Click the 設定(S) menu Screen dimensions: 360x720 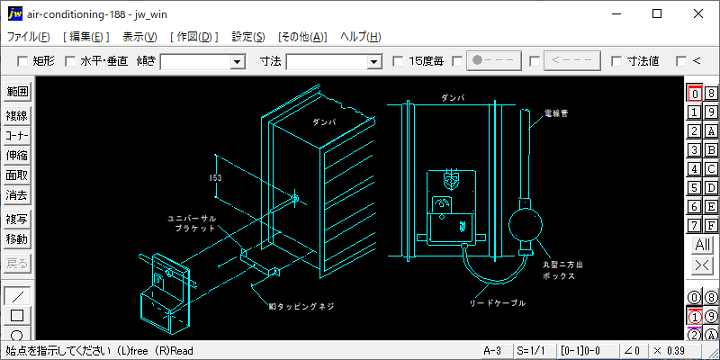click(x=248, y=37)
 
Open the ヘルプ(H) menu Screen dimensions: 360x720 click(x=360, y=37)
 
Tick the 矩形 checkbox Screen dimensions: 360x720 click(x=22, y=61)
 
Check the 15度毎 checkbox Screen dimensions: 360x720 click(x=399, y=61)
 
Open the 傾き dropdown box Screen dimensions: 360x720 click(x=238, y=61)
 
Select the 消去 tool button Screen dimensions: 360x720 click(x=17, y=194)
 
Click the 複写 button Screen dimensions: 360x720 click(x=17, y=220)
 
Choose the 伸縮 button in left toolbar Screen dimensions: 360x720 click(x=17, y=155)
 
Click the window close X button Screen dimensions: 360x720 click(x=698, y=13)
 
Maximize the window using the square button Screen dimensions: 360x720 click(x=657, y=13)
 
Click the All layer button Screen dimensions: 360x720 click(x=702, y=245)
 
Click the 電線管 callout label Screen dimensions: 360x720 click(x=555, y=114)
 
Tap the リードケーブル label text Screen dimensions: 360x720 click(x=498, y=302)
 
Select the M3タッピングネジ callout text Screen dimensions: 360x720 click(x=301, y=306)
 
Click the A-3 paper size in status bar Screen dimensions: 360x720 click(x=492, y=350)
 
